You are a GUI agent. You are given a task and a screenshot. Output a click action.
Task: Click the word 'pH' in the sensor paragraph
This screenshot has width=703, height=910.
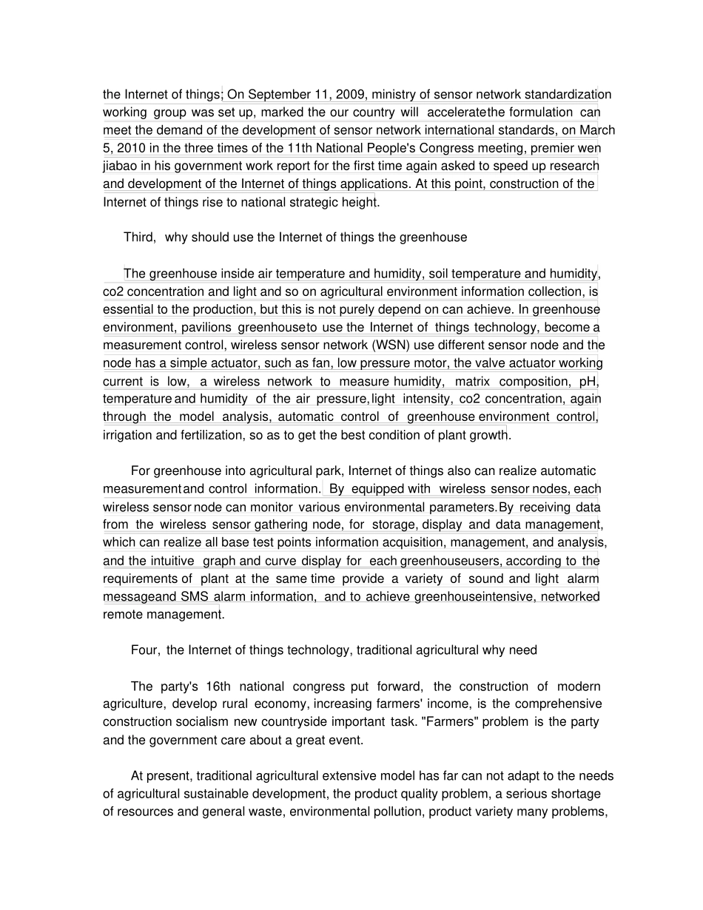tap(589, 381)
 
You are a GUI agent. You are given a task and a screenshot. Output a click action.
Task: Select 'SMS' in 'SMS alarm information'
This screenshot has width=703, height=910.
tap(195, 597)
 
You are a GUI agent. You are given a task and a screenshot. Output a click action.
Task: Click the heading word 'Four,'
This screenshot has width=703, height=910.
tap(145, 650)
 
